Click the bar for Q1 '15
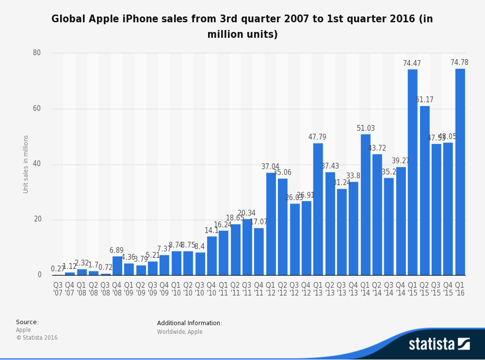click(412, 172)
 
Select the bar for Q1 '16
click(460, 172)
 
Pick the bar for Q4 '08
click(117, 266)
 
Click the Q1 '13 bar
click(318, 209)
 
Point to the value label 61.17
click(424, 100)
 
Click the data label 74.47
click(412, 63)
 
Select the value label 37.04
click(270, 167)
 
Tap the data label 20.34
click(246, 213)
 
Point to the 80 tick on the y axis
click(37, 53)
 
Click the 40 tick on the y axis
click(37, 164)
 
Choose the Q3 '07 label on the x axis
click(58, 289)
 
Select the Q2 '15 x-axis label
click(424, 289)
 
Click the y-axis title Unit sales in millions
click(26, 164)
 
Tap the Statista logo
click(439, 344)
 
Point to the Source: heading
click(27, 322)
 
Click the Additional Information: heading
click(190, 323)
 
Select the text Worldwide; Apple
click(179, 332)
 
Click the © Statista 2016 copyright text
click(37, 338)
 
